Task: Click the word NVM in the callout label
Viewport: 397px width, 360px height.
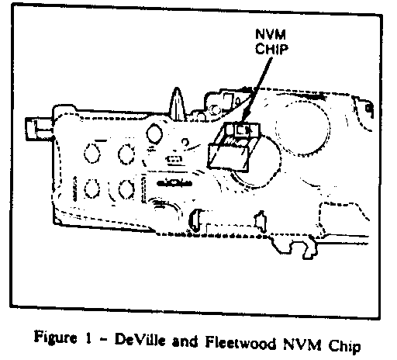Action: click(x=271, y=34)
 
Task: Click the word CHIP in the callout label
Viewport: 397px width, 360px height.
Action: click(x=271, y=49)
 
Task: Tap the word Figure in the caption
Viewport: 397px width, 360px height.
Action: click(x=55, y=337)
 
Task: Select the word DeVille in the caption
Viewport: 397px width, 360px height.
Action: click(x=140, y=340)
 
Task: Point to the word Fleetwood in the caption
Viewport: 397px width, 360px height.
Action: click(x=240, y=342)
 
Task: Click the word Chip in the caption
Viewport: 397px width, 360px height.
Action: click(x=344, y=346)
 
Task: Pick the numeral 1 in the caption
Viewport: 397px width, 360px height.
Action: click(x=88, y=338)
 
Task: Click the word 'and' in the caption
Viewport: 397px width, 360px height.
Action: click(x=185, y=341)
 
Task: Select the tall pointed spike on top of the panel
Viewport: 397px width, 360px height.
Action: click(x=177, y=104)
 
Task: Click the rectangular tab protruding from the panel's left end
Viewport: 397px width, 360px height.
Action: click(x=39, y=129)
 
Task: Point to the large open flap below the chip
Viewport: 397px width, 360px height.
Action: click(x=229, y=157)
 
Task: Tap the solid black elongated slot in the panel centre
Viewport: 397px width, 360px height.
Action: click(x=174, y=183)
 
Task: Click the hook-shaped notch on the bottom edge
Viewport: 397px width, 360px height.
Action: click(x=309, y=250)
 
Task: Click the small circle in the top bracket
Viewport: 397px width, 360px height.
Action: click(x=214, y=109)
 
